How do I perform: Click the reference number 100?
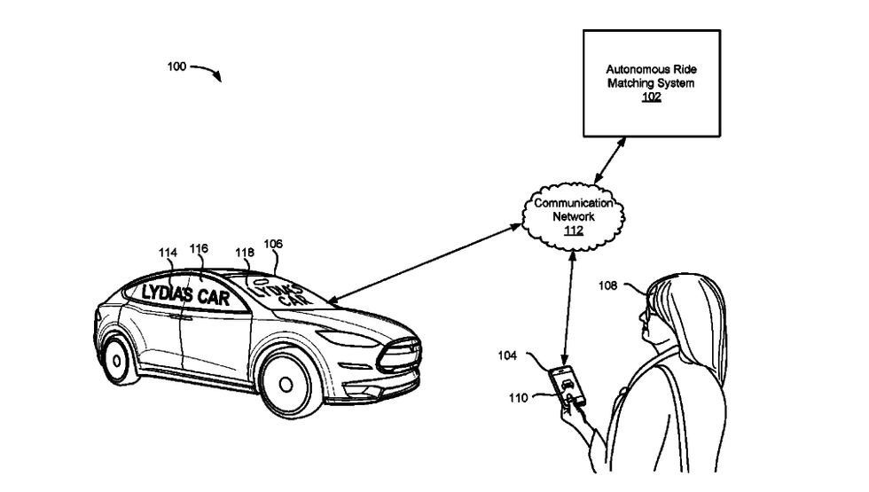click(x=176, y=66)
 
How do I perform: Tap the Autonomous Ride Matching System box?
click(x=651, y=82)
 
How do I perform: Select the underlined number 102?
click(x=652, y=97)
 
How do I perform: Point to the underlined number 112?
click(x=574, y=230)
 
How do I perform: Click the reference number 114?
click(x=168, y=253)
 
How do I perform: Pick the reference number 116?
click(x=199, y=249)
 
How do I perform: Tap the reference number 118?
click(x=245, y=253)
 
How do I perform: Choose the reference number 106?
click(x=273, y=244)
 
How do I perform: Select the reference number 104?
click(x=507, y=355)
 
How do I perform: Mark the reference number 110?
click(x=517, y=398)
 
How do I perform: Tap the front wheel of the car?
click(x=286, y=383)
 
